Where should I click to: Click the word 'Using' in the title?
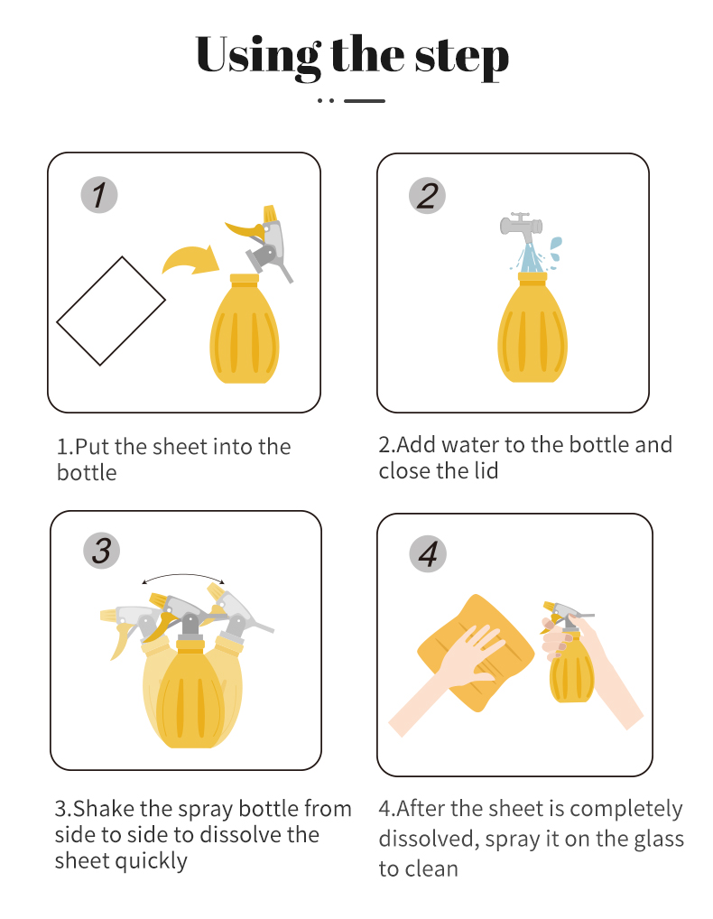258,58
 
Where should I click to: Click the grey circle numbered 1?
99,195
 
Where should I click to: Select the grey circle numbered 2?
427,195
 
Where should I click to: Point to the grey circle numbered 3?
101,551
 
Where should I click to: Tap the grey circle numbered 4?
428,553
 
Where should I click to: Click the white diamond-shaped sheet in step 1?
111,311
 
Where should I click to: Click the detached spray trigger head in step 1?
261,241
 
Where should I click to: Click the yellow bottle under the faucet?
532,327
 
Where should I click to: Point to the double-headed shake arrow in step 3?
183,576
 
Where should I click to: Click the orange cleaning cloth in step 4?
476,653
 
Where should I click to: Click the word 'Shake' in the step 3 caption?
104,809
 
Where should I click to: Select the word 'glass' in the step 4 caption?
655,840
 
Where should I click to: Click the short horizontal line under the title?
365,101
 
